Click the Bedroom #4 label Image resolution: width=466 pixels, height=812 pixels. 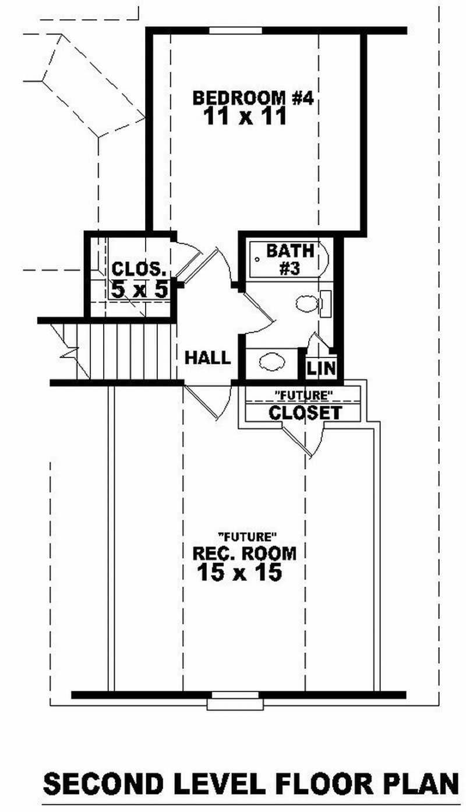(x=253, y=98)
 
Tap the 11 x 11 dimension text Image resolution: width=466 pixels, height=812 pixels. (x=245, y=117)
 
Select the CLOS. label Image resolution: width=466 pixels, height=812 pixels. (x=140, y=270)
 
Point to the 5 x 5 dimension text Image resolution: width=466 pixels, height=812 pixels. (x=140, y=289)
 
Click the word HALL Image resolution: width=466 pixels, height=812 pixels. (x=207, y=357)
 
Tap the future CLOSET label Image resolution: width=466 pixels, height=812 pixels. (x=305, y=413)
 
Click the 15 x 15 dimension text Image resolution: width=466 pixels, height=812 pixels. (x=239, y=573)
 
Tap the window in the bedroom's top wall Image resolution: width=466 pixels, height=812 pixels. (x=235, y=30)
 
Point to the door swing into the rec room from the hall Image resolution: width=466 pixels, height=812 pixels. (x=207, y=402)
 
